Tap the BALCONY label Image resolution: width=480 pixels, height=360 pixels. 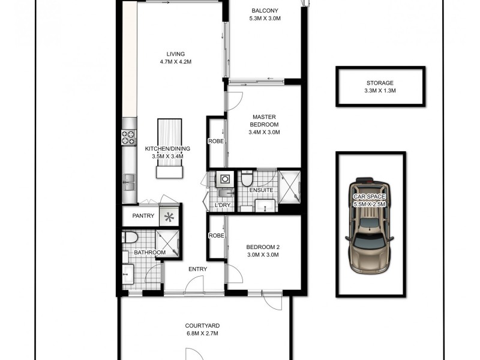(265, 11)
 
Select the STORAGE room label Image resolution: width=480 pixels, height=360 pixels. (380, 83)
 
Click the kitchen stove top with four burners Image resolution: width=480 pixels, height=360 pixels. (128, 137)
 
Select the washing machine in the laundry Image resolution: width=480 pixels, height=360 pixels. (225, 178)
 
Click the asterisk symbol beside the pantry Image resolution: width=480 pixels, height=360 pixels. (170, 217)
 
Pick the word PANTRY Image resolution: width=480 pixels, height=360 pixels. (143, 217)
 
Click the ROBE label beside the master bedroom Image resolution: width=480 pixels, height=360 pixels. (216, 142)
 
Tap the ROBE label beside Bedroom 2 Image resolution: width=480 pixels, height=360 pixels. (216, 236)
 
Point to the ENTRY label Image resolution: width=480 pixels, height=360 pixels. (197, 269)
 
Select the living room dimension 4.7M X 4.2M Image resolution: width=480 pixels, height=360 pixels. (176, 62)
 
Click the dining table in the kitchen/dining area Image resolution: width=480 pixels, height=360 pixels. (169, 148)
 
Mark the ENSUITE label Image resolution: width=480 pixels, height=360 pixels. (262, 190)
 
